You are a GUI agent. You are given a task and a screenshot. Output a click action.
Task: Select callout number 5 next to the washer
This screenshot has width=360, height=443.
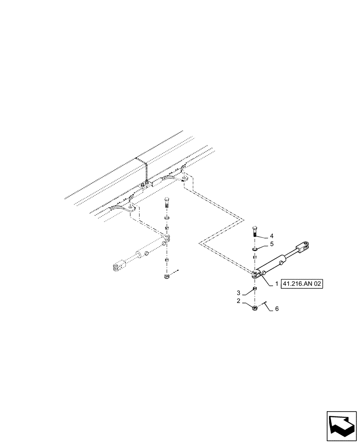pos(272,244)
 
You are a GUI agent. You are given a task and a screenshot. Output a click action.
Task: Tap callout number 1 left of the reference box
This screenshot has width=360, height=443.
pos(276,284)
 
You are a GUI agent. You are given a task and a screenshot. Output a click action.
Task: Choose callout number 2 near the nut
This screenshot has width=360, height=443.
pos(239,301)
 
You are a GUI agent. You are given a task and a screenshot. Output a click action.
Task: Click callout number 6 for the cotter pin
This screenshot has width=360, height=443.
pos(277,309)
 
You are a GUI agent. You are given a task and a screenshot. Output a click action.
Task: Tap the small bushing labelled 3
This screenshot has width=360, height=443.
pos(255,289)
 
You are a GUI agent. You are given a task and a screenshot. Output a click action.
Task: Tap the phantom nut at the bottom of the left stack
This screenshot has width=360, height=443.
pos(166,277)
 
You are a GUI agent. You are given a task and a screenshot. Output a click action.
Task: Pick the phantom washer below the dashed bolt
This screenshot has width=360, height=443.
pos(167,218)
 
